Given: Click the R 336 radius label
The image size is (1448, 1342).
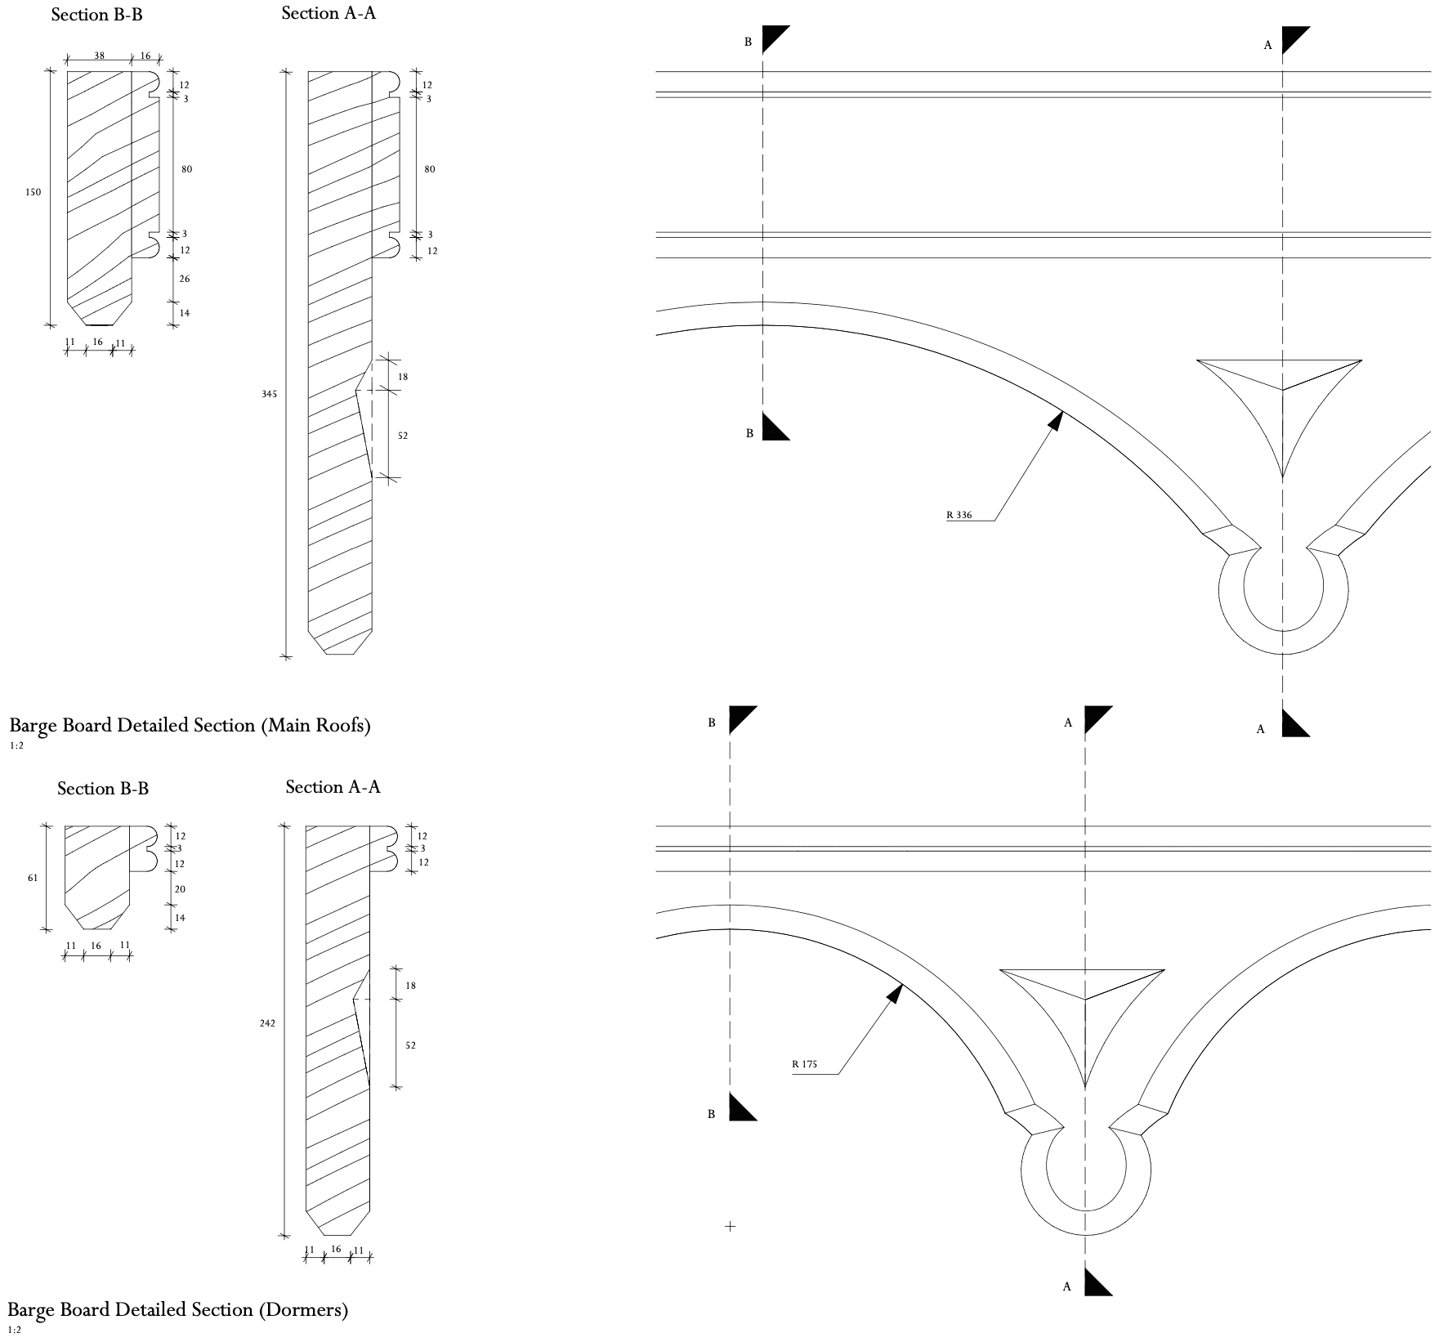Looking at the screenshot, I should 959,515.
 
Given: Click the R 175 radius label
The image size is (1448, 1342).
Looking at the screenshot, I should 804,1064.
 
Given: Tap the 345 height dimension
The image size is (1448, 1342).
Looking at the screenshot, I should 270,394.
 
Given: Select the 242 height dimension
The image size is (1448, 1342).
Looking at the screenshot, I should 267,1023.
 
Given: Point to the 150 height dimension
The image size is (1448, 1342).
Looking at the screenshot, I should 33,192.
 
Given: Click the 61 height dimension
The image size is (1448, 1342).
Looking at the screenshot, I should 32,878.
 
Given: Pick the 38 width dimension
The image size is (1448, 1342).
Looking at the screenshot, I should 99,56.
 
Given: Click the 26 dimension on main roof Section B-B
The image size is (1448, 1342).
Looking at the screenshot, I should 185,279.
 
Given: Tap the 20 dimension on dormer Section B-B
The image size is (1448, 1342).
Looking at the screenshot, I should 180,888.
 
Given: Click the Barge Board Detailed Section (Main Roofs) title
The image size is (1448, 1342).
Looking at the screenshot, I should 190,726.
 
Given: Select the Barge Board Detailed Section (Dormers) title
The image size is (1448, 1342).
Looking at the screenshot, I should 178,1310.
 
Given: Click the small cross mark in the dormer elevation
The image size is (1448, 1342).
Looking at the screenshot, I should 730,1226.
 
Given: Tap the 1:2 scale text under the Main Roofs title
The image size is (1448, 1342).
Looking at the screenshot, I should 16,745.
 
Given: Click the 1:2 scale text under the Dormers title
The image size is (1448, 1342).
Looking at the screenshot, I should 16,1330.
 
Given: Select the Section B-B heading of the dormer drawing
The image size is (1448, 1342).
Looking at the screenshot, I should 103,789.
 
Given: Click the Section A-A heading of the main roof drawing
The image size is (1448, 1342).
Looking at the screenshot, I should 328,13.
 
